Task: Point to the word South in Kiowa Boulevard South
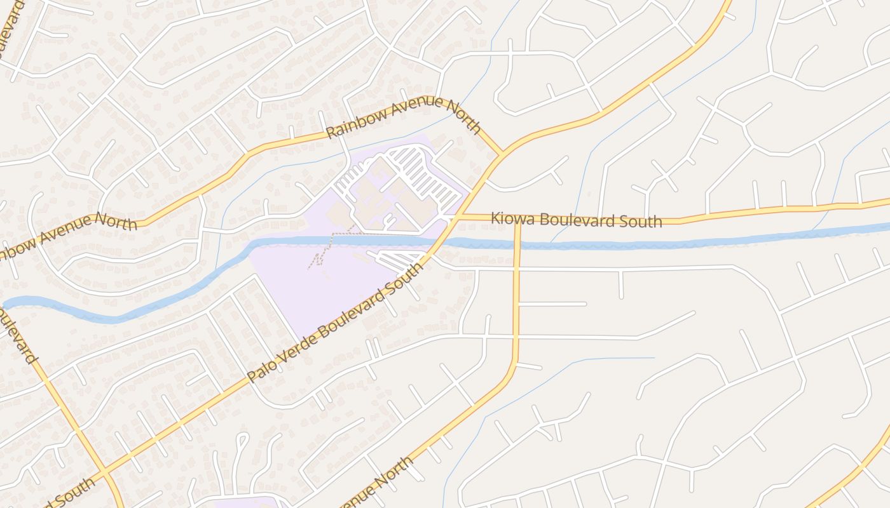point(641,222)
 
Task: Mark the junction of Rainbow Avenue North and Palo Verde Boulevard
point(502,153)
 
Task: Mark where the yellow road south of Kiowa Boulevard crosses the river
point(517,244)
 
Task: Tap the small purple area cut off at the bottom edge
point(245,502)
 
